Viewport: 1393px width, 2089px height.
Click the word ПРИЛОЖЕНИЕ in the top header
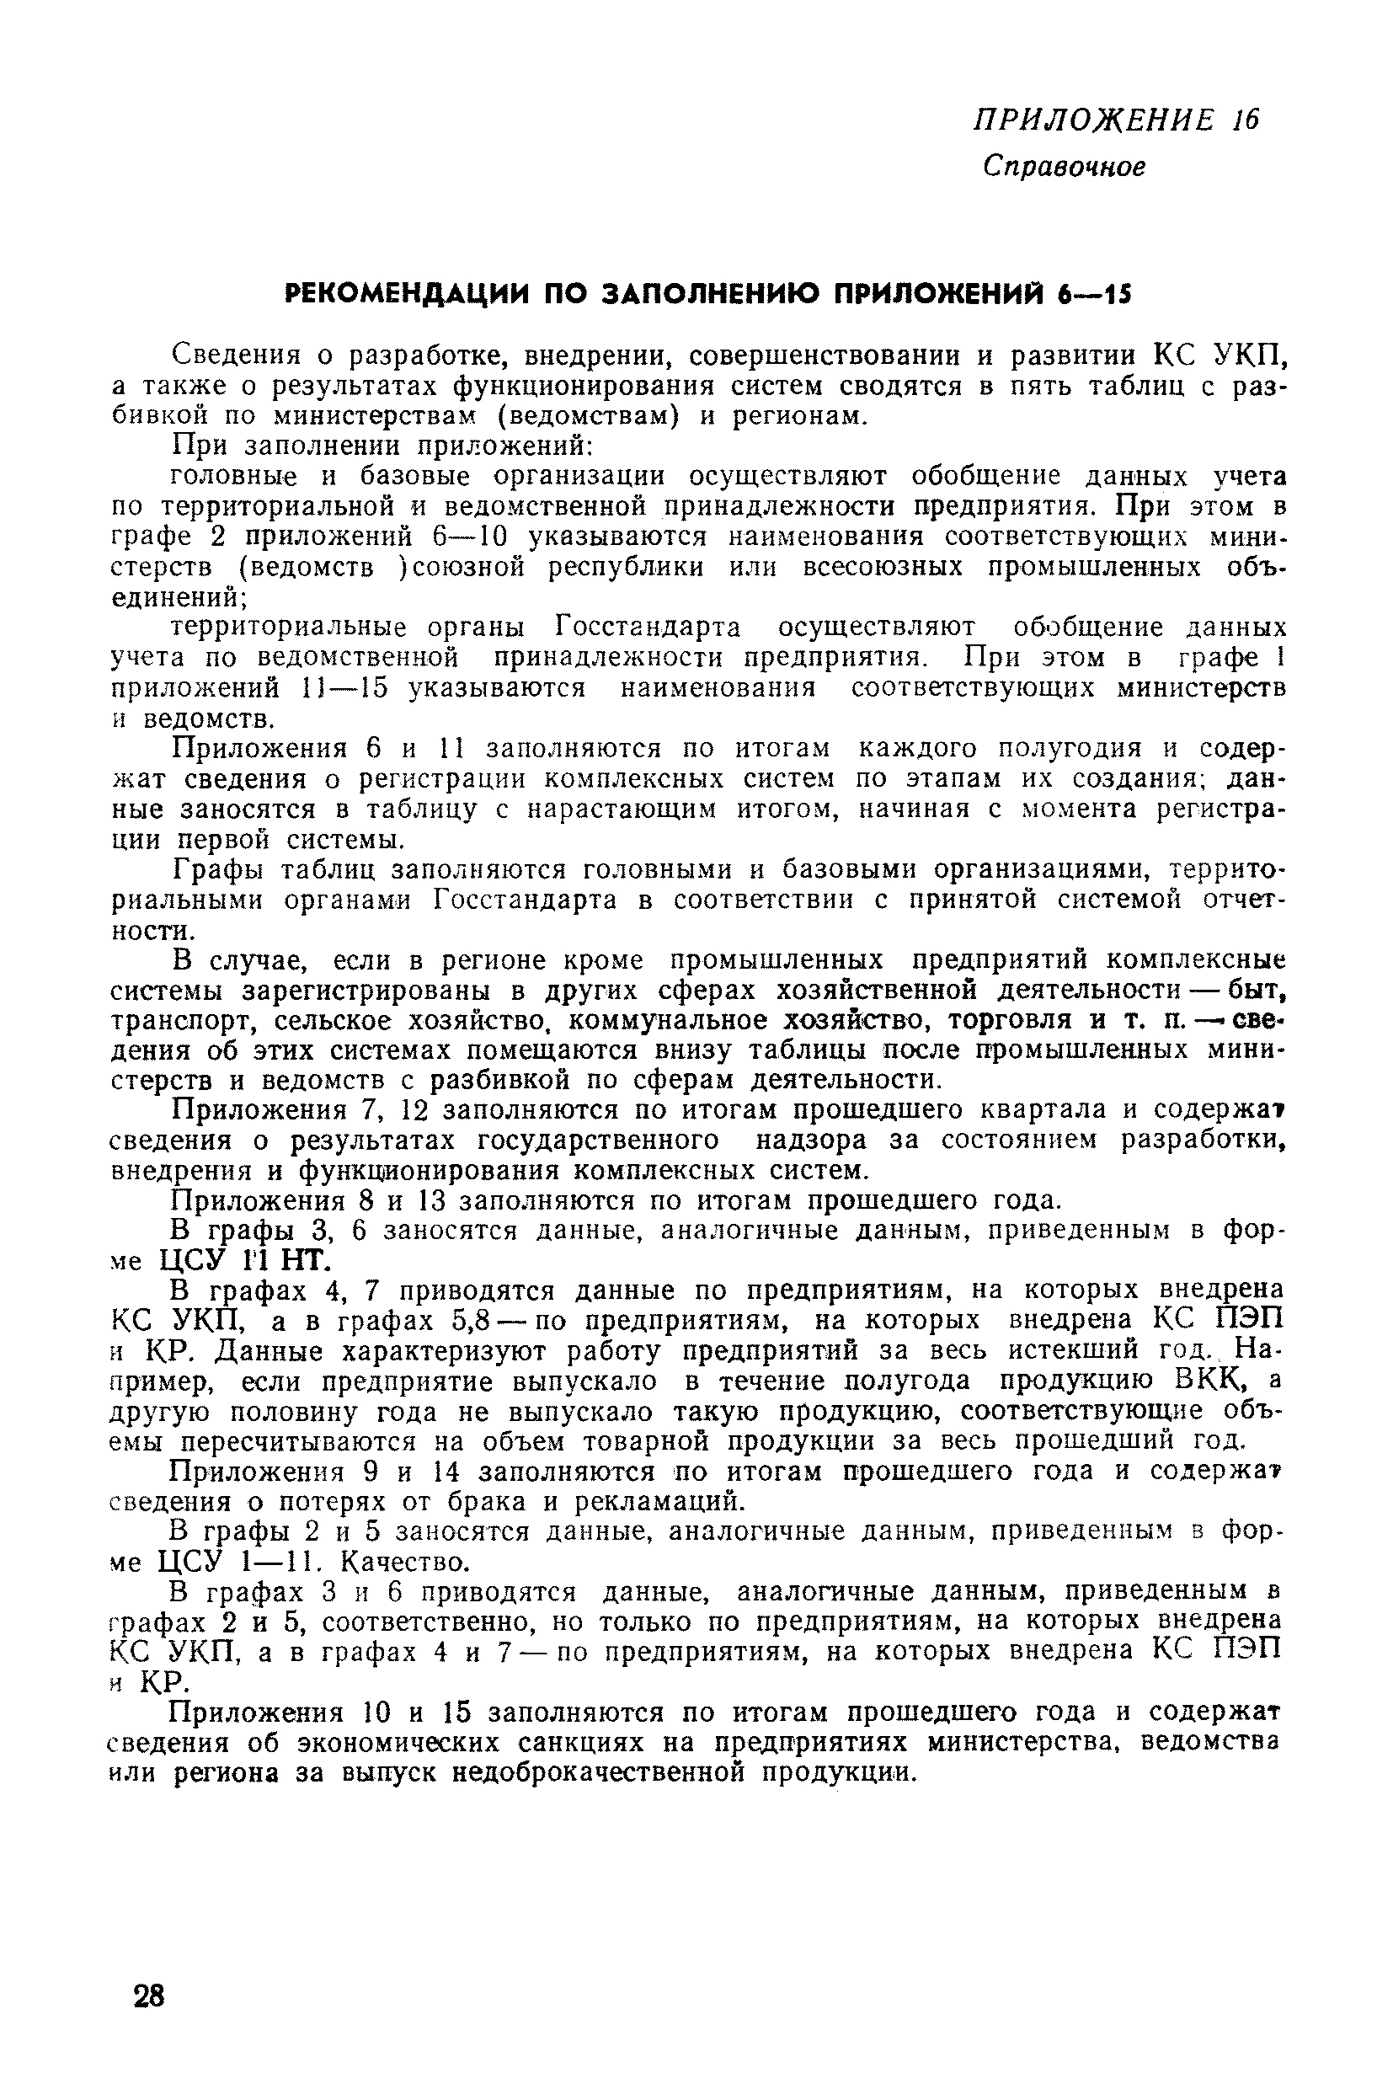(1094, 120)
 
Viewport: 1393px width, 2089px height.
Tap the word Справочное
(1065, 166)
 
